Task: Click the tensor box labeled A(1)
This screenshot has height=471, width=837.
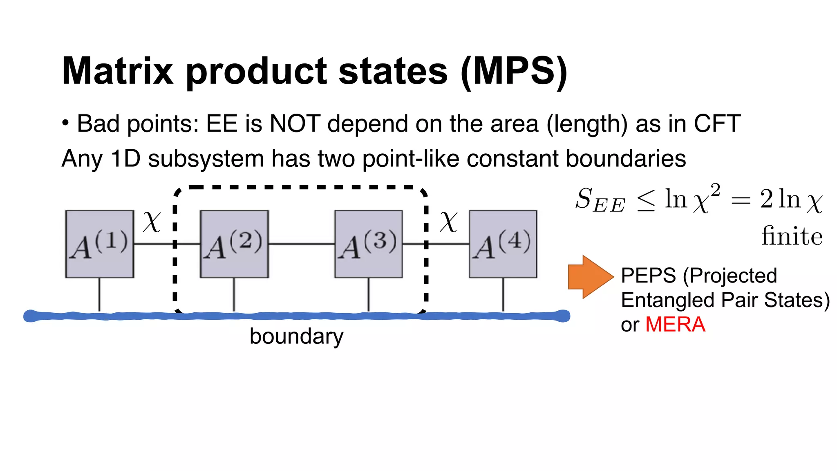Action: point(100,244)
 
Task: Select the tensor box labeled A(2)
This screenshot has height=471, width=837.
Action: point(234,244)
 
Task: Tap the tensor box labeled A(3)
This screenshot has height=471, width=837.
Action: point(368,244)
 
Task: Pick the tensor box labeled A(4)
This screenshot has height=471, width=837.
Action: point(503,244)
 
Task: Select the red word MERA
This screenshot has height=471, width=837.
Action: point(675,325)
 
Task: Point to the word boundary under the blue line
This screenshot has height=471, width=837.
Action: point(296,336)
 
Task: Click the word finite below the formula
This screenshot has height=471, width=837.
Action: point(792,236)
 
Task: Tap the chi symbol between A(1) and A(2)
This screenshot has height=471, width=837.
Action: point(152,222)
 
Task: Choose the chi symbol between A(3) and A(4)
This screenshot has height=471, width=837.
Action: point(448,222)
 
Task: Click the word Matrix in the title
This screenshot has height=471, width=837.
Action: point(117,71)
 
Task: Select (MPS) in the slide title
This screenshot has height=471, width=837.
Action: point(514,71)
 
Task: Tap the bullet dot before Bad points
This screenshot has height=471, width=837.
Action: point(65,123)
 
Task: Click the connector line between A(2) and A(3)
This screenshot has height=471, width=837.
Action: point(301,244)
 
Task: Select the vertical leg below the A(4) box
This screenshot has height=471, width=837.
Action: point(503,294)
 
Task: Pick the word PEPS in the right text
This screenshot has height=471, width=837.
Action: point(648,276)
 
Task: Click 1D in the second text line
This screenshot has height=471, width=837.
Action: point(125,159)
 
